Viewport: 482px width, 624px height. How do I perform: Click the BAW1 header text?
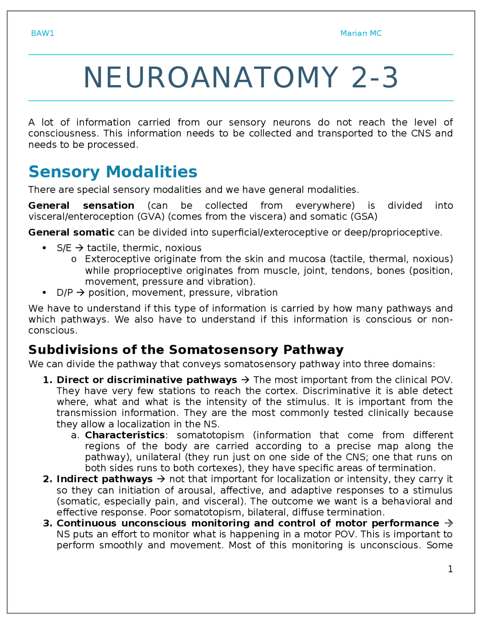(43, 34)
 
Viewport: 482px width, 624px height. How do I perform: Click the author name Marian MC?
(361, 34)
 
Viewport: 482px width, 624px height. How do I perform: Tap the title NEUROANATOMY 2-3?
(241, 78)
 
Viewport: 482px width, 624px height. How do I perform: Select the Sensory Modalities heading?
(113, 172)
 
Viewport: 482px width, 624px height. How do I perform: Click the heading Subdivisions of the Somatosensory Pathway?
(186, 350)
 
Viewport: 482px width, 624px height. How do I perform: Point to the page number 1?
(450, 569)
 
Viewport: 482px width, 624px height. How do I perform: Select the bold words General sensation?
(81, 206)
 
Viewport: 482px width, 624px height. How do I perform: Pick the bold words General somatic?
(71, 232)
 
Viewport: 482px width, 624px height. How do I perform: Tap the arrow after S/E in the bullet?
(79, 248)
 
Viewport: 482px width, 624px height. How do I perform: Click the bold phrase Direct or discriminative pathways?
(146, 380)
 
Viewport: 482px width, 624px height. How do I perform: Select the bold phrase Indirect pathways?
(104, 479)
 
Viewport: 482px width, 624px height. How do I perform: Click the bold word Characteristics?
(125, 435)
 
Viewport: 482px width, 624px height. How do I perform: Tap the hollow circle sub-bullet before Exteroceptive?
(74, 260)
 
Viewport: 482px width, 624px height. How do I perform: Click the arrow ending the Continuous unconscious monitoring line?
(448, 523)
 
